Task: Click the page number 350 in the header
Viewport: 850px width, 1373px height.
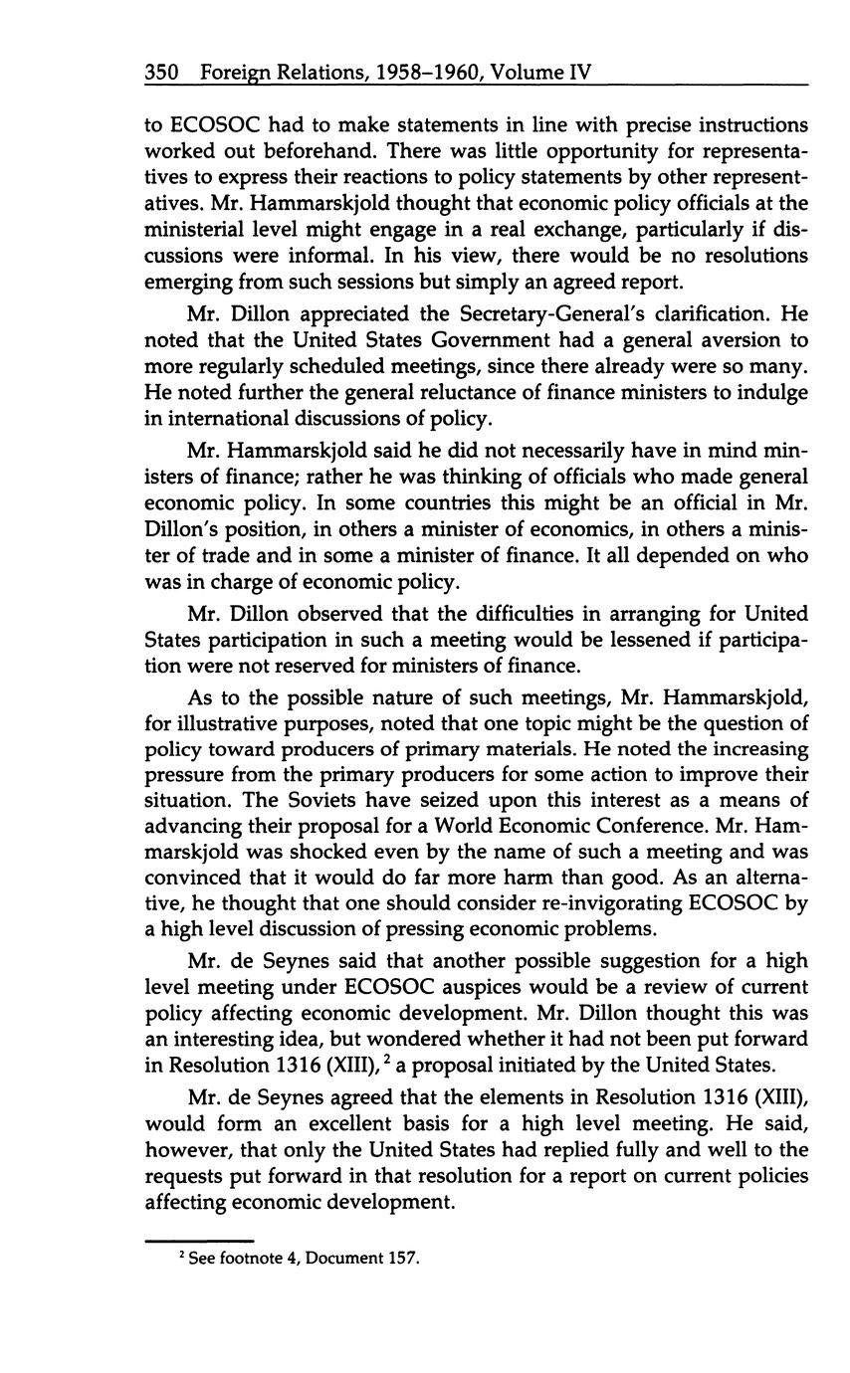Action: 161,73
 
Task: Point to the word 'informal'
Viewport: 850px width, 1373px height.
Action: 317,256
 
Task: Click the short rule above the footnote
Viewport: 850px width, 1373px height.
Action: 199,1241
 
